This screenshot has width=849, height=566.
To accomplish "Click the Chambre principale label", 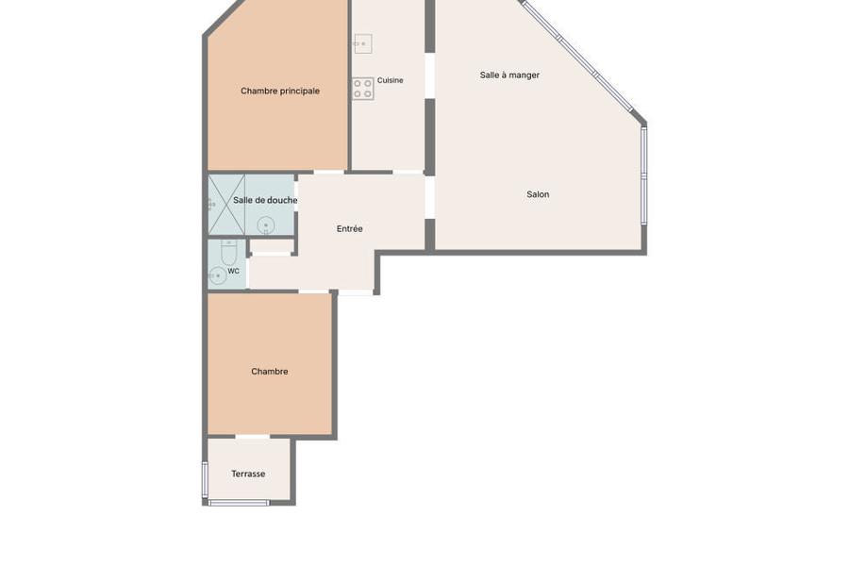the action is [280, 91].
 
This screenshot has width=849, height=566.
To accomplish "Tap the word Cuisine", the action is [390, 80].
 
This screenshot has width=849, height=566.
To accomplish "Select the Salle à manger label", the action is [509, 75].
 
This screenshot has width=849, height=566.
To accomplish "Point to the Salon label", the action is [538, 194].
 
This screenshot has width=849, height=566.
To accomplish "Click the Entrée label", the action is [349, 229].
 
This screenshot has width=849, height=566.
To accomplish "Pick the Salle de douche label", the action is [265, 200].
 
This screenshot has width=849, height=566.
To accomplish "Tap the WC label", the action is [233, 271].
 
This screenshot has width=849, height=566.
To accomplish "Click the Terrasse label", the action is [248, 474].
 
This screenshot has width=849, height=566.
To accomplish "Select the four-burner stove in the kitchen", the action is [363, 89].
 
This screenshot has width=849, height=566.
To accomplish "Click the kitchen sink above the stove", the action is [363, 43].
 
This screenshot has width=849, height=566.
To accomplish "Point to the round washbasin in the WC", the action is [217, 275].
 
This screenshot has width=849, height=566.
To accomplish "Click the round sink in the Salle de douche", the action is [266, 225].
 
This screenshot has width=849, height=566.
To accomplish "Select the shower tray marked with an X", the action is [226, 206].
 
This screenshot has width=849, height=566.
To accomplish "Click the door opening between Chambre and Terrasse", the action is [252, 437].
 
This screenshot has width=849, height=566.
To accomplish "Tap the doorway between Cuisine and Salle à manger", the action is [429, 75].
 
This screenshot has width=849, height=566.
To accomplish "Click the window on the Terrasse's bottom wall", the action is [239, 503].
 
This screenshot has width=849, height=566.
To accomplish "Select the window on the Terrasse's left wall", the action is [205, 479].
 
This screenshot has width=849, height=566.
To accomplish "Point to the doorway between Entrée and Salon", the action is [429, 198].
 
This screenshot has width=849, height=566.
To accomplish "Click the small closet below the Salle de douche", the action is [272, 246].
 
